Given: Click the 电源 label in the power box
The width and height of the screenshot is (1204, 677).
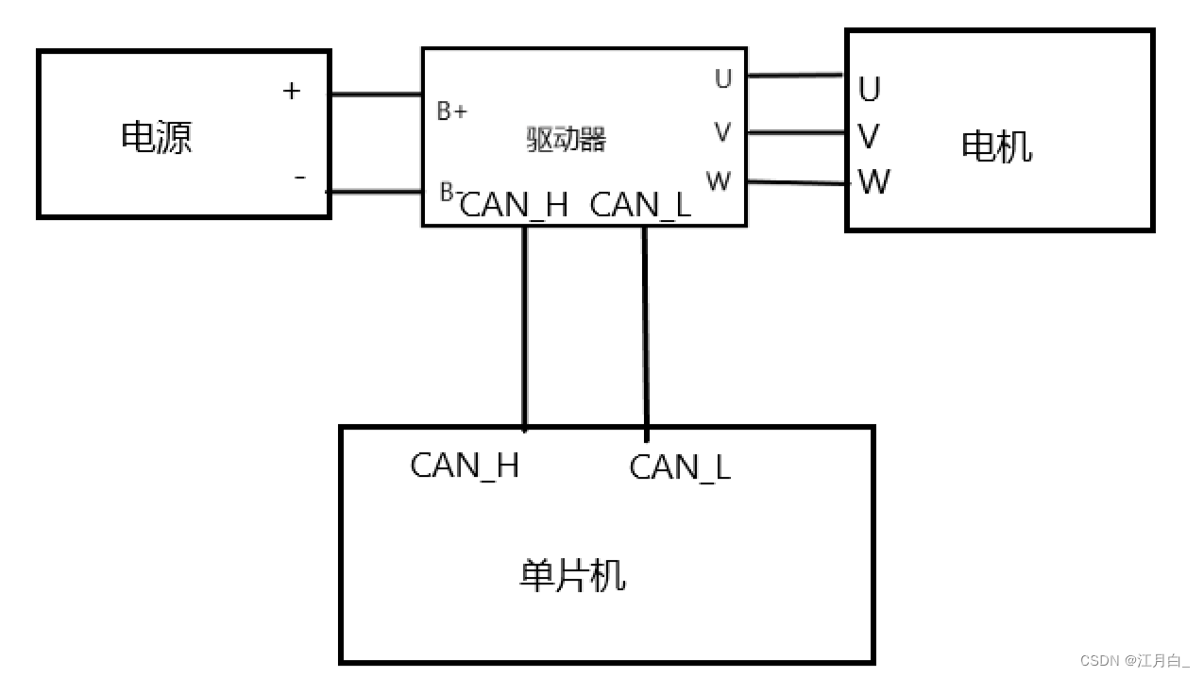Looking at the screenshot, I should (x=157, y=137).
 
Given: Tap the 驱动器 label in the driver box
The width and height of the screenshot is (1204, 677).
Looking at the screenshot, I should (x=566, y=140).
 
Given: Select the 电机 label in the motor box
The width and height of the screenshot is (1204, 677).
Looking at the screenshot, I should (x=996, y=146).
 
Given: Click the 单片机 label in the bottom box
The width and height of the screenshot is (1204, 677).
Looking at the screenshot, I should (x=572, y=575).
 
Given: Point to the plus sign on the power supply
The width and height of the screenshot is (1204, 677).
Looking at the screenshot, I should (x=292, y=91).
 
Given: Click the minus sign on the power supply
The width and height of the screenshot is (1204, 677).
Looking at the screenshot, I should (x=300, y=177).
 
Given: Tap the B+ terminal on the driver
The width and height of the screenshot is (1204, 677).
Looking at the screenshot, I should (x=451, y=111).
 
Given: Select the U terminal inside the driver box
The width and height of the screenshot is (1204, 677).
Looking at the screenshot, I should (x=722, y=79).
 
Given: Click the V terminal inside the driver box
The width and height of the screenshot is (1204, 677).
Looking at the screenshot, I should (x=722, y=133).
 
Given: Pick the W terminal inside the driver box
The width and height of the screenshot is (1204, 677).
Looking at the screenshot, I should (x=719, y=181).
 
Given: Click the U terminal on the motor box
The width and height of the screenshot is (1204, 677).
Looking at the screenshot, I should (x=870, y=90).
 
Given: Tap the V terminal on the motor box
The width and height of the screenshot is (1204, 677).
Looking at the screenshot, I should (x=869, y=137).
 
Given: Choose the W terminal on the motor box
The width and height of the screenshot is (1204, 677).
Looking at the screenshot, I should (x=873, y=181).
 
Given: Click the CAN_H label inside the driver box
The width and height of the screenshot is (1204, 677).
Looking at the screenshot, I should (x=515, y=205).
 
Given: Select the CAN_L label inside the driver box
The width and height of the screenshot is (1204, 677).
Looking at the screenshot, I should (x=640, y=205).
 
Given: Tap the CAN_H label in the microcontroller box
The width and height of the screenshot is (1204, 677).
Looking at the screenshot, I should (x=465, y=465).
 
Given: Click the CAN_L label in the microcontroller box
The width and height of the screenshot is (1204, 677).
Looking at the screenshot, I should (x=680, y=466).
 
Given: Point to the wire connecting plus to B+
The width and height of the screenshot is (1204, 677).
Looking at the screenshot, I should (x=376, y=94).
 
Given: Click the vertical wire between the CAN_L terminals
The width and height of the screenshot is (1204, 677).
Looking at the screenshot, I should (x=645, y=330).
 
